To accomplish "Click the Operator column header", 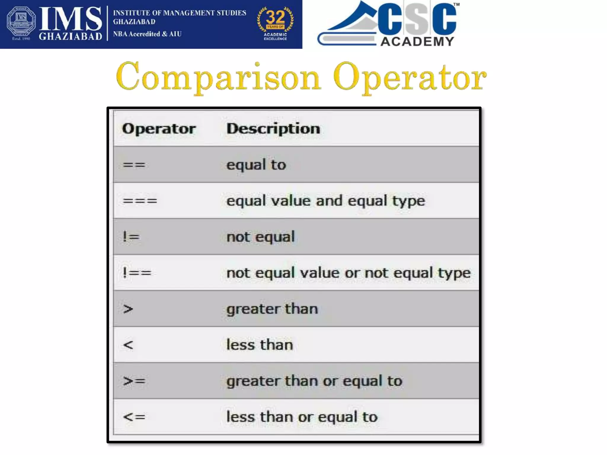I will click(x=159, y=129).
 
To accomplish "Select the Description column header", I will click(x=273, y=129).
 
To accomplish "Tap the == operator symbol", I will click(x=134, y=165).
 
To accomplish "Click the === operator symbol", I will click(x=140, y=201).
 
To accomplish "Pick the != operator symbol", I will click(x=131, y=237).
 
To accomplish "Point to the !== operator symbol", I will click(x=137, y=273).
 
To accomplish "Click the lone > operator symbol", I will click(x=128, y=309).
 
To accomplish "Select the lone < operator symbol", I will click(x=128, y=345).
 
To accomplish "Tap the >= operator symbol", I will click(x=134, y=381).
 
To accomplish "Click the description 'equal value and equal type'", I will click(x=326, y=201).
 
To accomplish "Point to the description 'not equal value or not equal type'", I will click(x=348, y=273).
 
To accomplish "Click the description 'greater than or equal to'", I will click(x=314, y=381).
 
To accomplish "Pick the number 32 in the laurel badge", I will click(x=275, y=17).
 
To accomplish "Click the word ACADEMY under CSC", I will click(x=417, y=41).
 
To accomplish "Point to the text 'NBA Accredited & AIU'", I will click(x=147, y=34).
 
